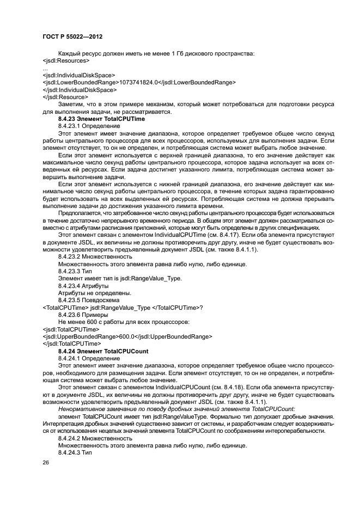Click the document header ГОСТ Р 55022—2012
(x=72, y=36)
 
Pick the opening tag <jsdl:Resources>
(x=66, y=60)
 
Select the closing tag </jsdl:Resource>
(x=65, y=96)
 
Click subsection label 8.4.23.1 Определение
(x=89, y=126)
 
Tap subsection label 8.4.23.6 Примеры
(x=83, y=315)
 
